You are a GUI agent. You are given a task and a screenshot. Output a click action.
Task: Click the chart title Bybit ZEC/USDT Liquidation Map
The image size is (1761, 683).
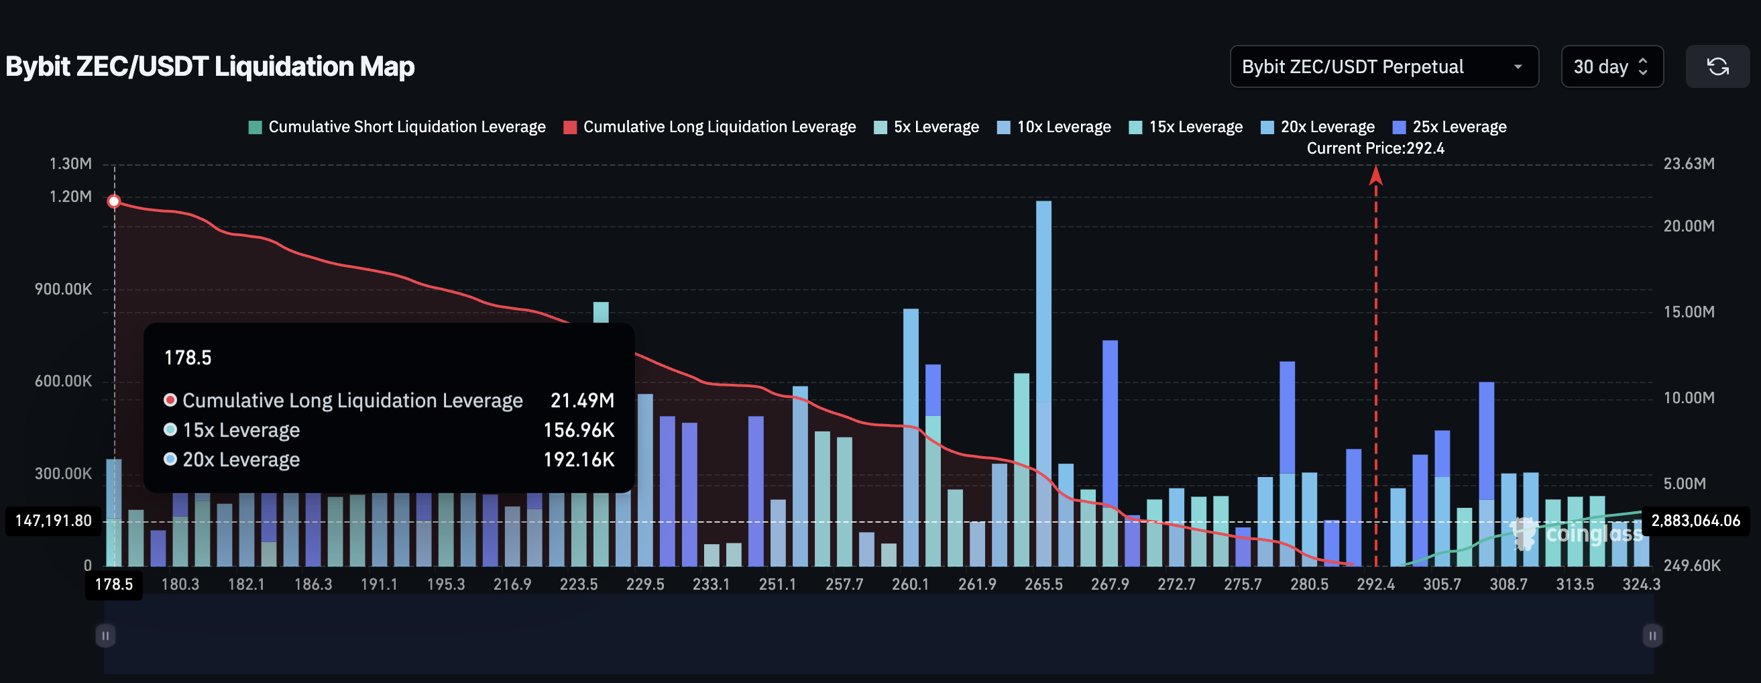click(210, 66)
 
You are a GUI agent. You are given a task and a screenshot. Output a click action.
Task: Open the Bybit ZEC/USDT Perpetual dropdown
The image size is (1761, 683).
click(1383, 66)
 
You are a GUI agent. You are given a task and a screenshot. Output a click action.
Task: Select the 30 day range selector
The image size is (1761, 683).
click(1611, 66)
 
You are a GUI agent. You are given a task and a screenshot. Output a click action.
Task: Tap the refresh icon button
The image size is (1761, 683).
click(1717, 66)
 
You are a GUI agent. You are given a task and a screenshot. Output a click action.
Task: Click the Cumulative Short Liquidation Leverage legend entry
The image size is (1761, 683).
click(397, 127)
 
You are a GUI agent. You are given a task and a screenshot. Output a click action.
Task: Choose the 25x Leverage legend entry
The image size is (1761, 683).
click(1450, 127)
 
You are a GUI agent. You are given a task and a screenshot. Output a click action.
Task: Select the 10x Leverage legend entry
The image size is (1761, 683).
click(1054, 127)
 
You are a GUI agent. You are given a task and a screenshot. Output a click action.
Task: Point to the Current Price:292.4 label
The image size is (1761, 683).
click(1375, 148)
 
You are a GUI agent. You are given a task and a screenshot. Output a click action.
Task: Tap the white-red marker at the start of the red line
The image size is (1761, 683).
click(114, 201)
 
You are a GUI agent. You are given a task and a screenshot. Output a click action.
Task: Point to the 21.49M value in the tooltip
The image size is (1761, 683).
click(583, 401)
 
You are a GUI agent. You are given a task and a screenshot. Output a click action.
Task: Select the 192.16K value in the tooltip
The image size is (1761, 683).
click(578, 460)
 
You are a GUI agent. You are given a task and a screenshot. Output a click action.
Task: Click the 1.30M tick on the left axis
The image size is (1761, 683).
click(70, 164)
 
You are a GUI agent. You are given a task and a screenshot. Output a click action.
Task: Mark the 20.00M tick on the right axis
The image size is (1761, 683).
click(1689, 226)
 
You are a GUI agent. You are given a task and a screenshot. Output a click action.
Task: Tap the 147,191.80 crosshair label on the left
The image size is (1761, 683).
click(54, 521)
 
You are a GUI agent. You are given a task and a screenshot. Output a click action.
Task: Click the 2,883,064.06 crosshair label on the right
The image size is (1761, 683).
click(1695, 521)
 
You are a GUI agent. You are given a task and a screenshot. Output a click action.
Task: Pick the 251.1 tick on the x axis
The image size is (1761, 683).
click(777, 584)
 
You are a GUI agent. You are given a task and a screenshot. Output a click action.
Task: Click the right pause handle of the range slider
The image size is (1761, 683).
click(1652, 636)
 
